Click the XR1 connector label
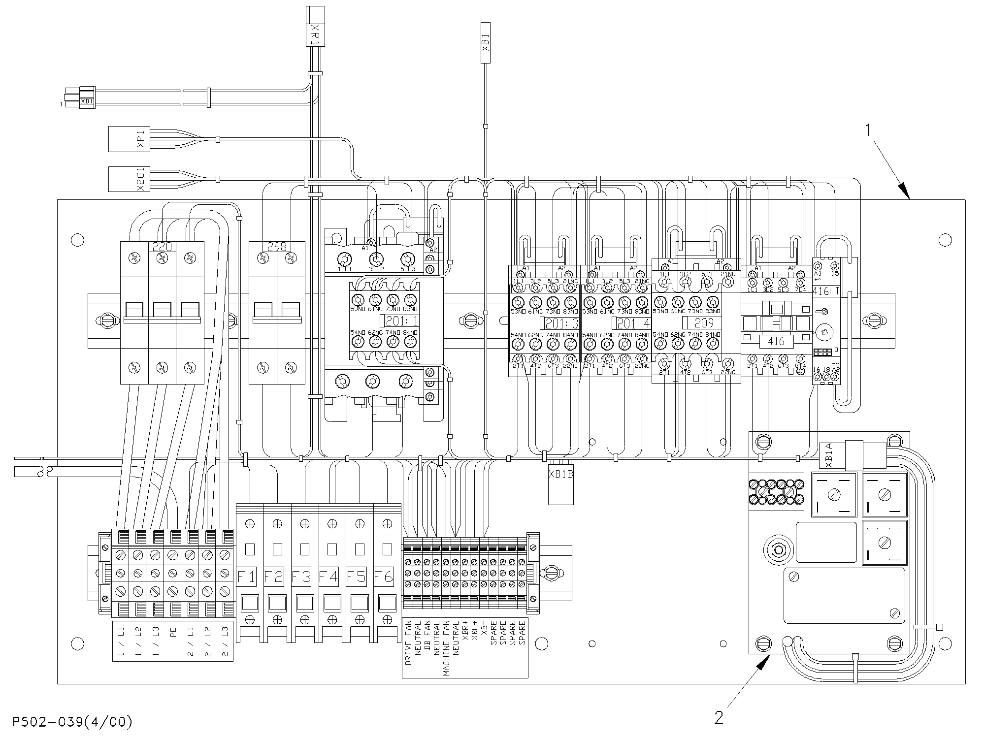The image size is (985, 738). (316, 34)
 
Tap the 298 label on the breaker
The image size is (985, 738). (277, 247)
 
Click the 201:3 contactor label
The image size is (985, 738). (559, 323)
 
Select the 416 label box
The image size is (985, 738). (776, 341)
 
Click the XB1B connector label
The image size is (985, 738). (561, 475)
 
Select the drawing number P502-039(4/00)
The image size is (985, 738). (73, 722)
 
